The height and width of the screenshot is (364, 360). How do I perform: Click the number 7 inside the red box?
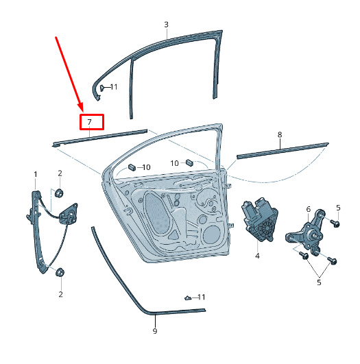click(89, 122)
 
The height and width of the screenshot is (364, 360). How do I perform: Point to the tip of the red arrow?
click(82, 111)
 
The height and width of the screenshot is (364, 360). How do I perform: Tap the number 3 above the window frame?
click(167, 25)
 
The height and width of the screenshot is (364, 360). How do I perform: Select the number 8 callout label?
click(280, 134)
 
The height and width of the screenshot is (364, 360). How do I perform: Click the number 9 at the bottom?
click(155, 331)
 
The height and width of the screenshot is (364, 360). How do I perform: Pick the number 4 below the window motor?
click(257, 256)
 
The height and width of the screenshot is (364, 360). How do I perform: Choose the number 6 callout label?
click(308, 209)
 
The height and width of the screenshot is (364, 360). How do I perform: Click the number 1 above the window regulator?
click(35, 174)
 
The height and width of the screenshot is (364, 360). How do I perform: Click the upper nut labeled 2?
click(59, 193)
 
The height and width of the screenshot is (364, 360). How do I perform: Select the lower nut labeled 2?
click(60, 272)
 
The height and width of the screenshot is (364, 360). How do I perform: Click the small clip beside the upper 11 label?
click(101, 88)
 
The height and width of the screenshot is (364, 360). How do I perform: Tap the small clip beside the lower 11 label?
click(187, 298)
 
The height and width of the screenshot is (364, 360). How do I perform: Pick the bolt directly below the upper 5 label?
click(335, 223)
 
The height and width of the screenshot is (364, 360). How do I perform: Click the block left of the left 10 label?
click(132, 167)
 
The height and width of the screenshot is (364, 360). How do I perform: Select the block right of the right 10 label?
click(189, 162)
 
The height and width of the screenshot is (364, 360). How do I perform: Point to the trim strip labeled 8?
click(283, 151)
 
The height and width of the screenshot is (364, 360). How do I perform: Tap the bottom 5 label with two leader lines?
click(319, 282)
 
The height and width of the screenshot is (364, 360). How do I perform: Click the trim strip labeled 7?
click(99, 138)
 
